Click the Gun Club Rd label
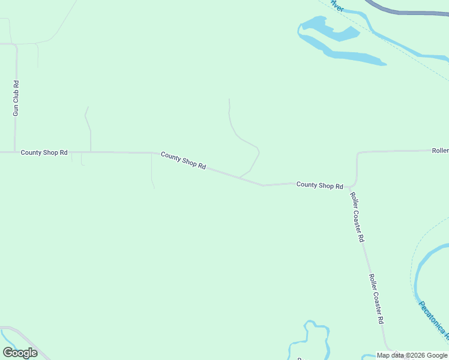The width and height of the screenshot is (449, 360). point(16,98)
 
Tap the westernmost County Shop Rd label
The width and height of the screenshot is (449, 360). point(44,152)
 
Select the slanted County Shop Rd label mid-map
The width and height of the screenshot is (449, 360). point(184,160)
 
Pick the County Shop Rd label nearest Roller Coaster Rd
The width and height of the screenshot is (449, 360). point(319,185)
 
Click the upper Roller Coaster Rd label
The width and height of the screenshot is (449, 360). point(358,217)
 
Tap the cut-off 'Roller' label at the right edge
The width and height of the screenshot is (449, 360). point(440,151)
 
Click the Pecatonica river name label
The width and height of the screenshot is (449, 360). point(432,318)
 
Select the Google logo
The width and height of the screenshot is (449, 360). point(20,353)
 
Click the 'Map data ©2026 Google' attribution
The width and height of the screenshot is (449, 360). point(412,355)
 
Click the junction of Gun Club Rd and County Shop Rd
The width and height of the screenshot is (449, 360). point(15,152)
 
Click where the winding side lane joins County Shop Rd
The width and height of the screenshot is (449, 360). point(241,177)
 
